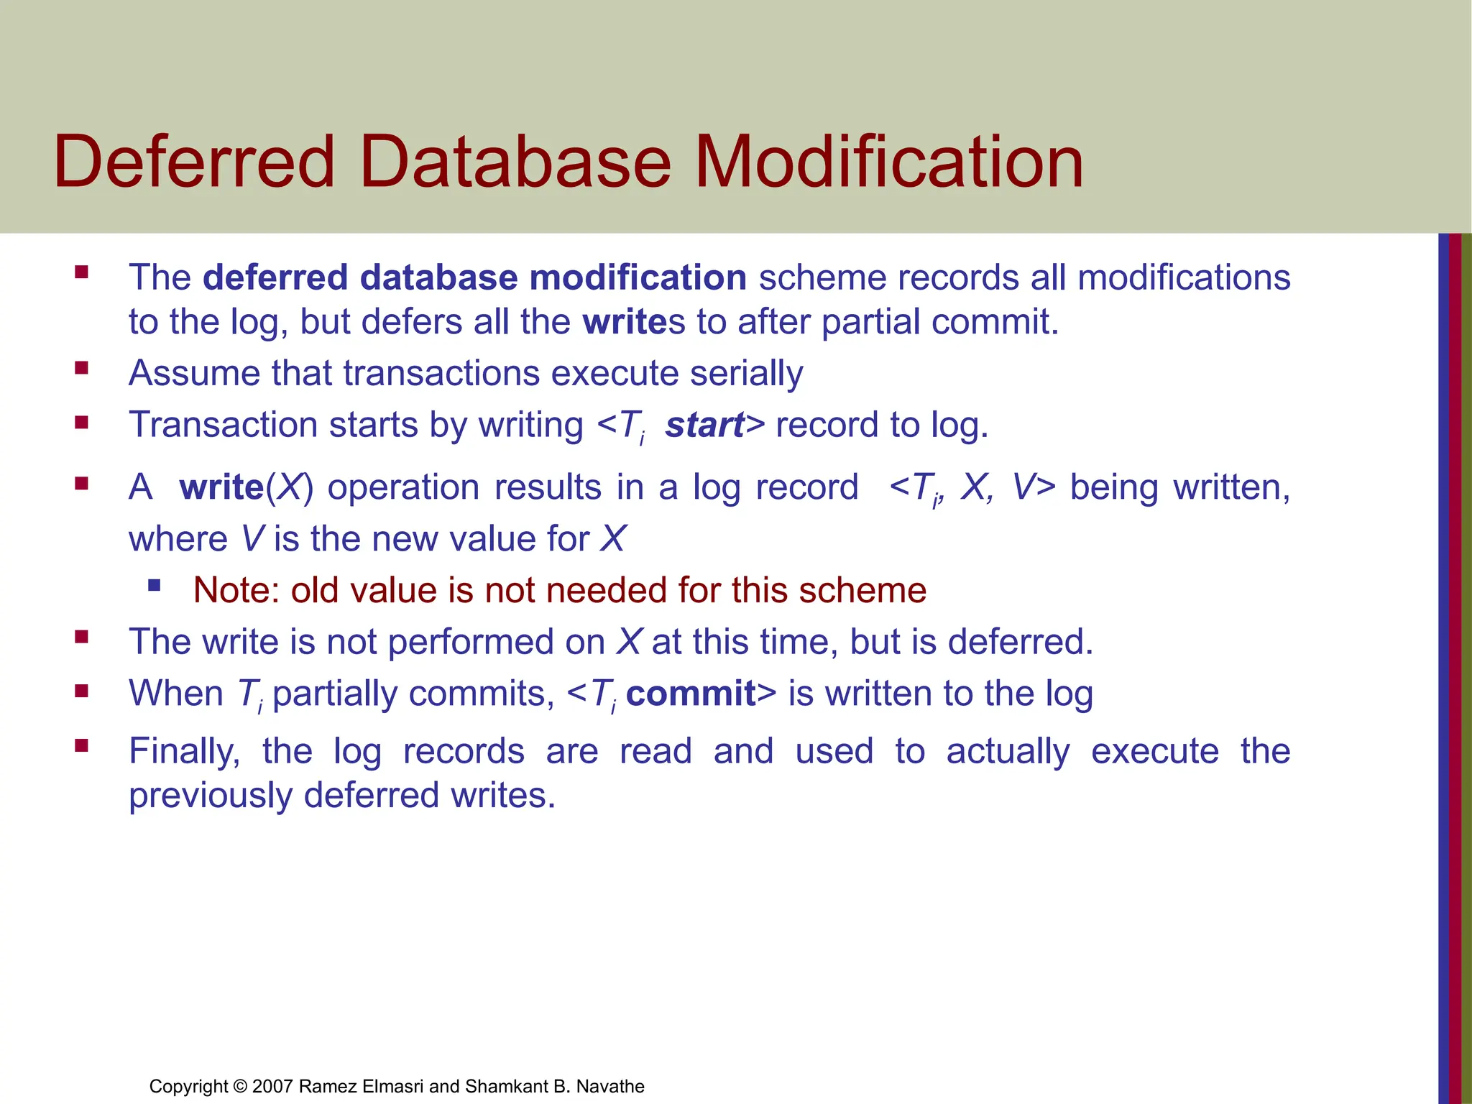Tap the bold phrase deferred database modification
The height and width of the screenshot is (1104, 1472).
pyautogui.click(x=474, y=277)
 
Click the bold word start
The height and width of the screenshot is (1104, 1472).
pyautogui.click(x=704, y=425)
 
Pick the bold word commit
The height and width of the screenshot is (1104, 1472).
pyautogui.click(x=691, y=694)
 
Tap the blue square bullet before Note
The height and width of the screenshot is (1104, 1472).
pyautogui.click(x=154, y=585)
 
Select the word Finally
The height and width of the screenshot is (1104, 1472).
pyautogui.click(x=184, y=752)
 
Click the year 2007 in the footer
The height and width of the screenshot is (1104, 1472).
pyautogui.click(x=272, y=1086)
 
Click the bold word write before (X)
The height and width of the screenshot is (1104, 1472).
pyautogui.click(x=221, y=487)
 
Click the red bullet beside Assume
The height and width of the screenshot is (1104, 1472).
pyautogui.click(x=81, y=369)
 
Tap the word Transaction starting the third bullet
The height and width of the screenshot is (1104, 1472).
pyautogui.click(x=223, y=425)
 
